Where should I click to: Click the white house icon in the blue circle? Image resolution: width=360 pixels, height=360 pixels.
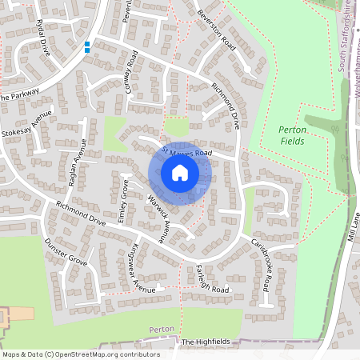click(x=180, y=172)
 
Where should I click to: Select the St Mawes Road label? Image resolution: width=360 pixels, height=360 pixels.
click(x=186, y=151)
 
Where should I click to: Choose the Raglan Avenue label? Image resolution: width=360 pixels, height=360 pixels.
click(x=77, y=162)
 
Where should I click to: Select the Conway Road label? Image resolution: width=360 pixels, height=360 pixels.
click(x=132, y=72)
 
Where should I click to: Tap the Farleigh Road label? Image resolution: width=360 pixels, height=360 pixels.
click(x=205, y=280)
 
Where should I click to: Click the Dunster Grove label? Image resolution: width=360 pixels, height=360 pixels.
click(x=66, y=252)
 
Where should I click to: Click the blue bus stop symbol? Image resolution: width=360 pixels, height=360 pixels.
click(x=87, y=47)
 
